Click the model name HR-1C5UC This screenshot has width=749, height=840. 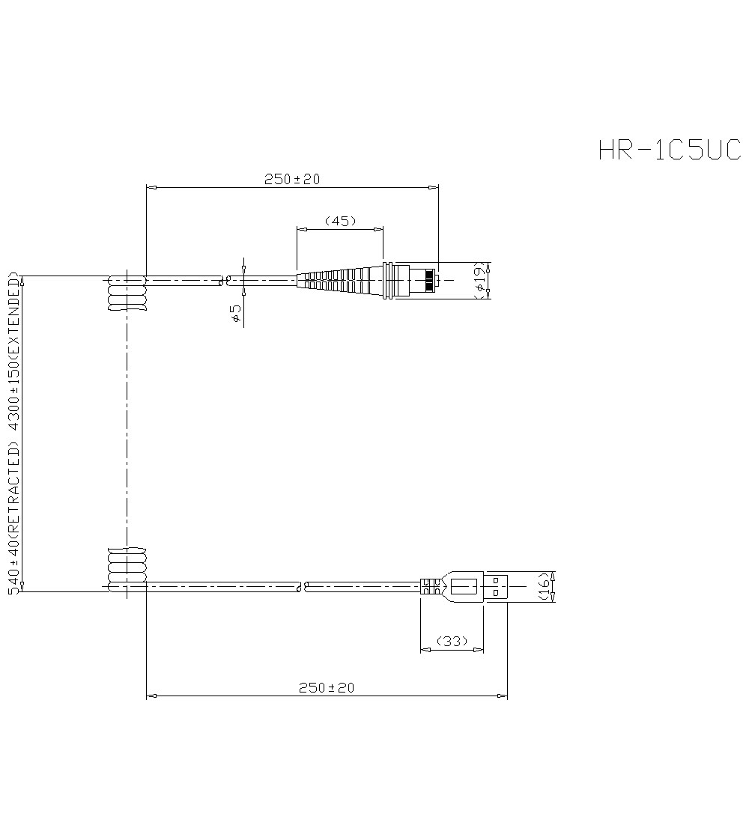(669, 150)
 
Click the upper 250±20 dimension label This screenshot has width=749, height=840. (291, 179)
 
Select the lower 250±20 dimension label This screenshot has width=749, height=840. (326, 687)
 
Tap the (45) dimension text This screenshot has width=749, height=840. (340, 221)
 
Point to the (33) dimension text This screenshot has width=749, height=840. (452, 641)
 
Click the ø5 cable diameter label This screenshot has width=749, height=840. (236, 313)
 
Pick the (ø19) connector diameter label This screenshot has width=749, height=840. (480, 281)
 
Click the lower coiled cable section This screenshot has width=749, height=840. (127, 567)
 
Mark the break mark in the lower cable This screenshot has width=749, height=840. (303, 585)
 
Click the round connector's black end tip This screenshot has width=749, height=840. (429, 281)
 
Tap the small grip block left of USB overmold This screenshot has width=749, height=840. (429, 585)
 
